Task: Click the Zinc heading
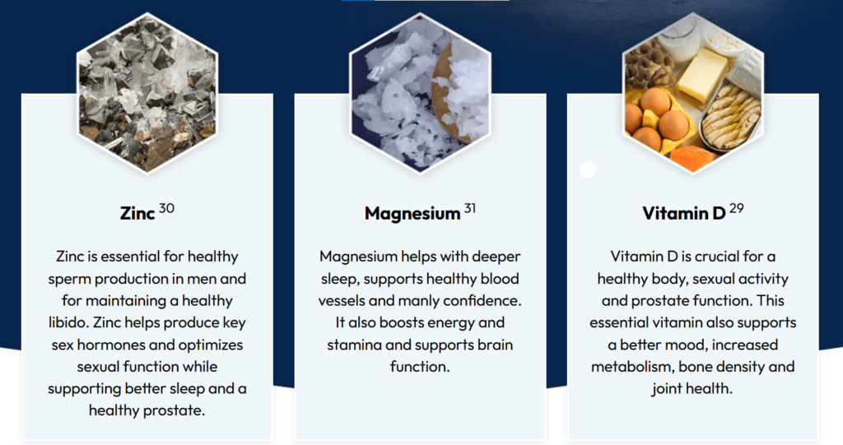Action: (137, 213)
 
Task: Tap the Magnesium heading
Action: (412, 213)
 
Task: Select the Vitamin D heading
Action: (684, 213)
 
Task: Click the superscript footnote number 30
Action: (166, 208)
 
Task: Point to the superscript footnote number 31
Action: (470, 208)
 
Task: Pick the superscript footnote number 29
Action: (737, 208)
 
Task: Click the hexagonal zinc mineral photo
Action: (147, 92)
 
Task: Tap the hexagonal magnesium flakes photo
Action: (420, 92)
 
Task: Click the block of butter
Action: (702, 75)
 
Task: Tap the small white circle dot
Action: (588, 169)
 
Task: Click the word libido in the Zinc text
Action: (68, 322)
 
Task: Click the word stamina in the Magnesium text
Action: (354, 345)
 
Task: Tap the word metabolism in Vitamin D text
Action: (632, 367)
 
